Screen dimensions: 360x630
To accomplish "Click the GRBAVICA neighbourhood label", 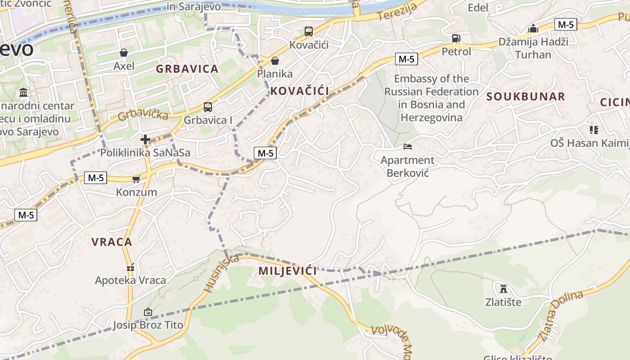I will tap(187, 69).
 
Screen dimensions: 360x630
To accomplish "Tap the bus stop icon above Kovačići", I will tap(308, 31).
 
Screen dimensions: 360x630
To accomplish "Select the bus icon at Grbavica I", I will tap(207, 107).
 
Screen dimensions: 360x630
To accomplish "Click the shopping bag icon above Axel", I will tap(124, 53).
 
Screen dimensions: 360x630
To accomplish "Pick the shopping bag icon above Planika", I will tap(274, 61).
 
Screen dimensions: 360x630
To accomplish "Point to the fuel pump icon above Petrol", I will tap(456, 38).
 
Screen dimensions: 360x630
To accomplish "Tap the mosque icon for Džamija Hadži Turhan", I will tap(533, 28).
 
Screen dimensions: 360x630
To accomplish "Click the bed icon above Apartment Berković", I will tap(407, 147).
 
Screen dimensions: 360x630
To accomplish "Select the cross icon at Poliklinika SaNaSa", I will tap(145, 140).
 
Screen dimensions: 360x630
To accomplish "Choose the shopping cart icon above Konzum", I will tap(136, 179).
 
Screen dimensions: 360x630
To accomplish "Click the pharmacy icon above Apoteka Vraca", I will tap(130, 267).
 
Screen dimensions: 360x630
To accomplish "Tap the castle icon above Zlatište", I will tap(503, 288).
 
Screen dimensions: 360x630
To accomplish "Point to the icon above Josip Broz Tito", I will tap(148, 312).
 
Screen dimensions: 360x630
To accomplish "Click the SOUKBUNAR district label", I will tap(526, 96).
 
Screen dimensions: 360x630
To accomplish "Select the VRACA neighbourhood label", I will tap(112, 242).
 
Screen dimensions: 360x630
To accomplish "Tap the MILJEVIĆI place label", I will tap(288, 271).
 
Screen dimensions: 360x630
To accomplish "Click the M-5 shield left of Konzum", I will tap(95, 178).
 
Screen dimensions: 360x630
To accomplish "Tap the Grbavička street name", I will tap(143, 114).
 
